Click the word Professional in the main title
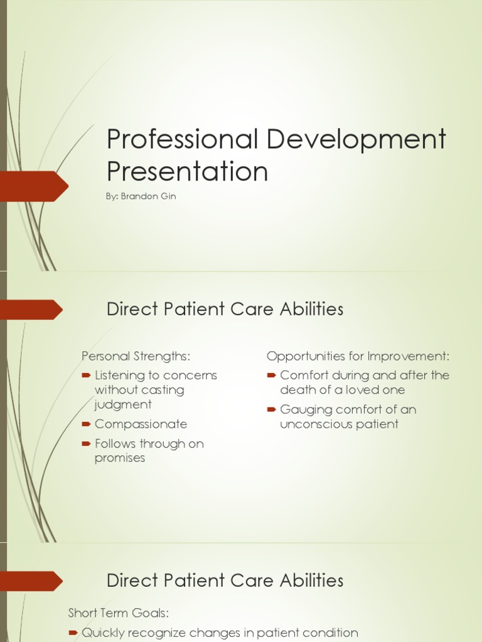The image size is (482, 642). tap(182, 139)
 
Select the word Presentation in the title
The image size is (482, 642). tap(187, 171)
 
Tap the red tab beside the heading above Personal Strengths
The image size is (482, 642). tap(31, 309)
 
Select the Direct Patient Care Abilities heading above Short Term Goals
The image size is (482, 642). tap(225, 580)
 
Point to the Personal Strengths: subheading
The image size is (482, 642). tap(136, 356)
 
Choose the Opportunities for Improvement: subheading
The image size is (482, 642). tap(358, 356)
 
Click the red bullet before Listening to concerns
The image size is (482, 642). tap(86, 376)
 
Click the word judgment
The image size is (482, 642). tap(123, 404)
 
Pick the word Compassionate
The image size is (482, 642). tap(141, 424)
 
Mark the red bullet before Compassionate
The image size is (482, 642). tap(86, 424)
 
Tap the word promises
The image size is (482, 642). tap(119, 458)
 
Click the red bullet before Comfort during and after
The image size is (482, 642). tap(271, 376)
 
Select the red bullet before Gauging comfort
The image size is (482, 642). tap(271, 409)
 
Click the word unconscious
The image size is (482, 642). tap(318, 424)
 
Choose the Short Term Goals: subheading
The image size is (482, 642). tap(119, 613)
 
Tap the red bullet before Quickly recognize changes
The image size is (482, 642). tap(73, 633)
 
